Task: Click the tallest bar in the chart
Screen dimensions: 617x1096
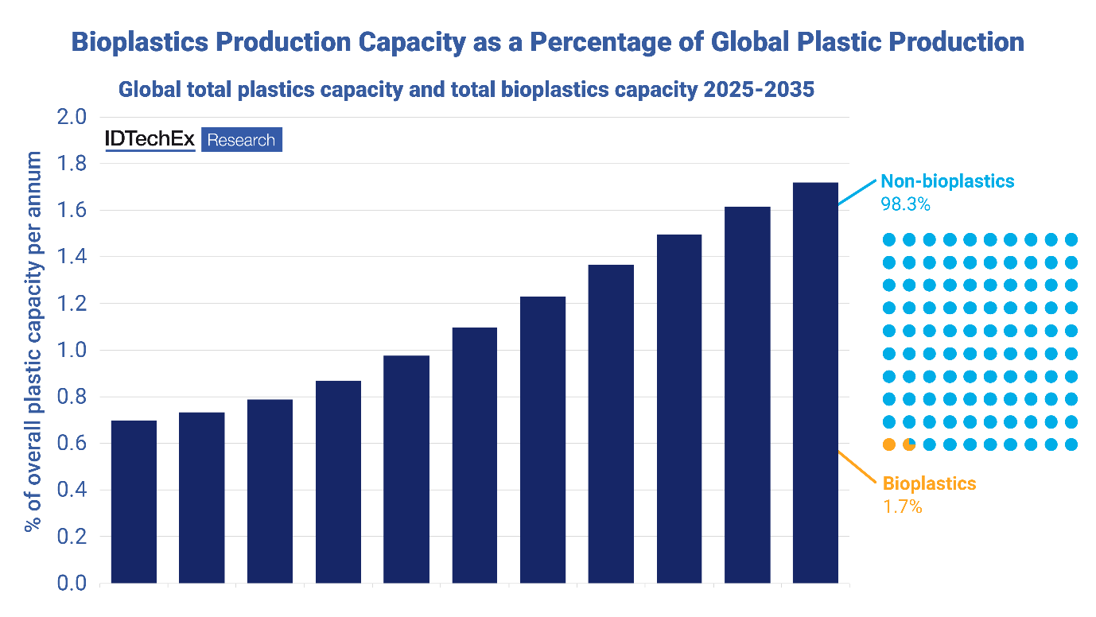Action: pyautogui.click(x=815, y=382)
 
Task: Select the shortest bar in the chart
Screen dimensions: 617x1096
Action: pyautogui.click(x=134, y=501)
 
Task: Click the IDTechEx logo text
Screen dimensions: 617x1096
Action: pyautogui.click(x=150, y=140)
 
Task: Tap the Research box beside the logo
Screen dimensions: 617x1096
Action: pyautogui.click(x=241, y=140)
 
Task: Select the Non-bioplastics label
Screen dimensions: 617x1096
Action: pyautogui.click(x=946, y=181)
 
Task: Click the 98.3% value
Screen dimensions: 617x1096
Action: pyautogui.click(x=905, y=204)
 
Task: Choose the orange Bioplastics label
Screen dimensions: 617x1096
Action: pyautogui.click(x=929, y=483)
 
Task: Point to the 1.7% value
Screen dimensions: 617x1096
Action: pyautogui.click(x=902, y=506)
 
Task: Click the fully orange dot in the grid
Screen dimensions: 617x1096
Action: pyautogui.click(x=889, y=444)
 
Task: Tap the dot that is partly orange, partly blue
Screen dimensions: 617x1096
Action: pyautogui.click(x=909, y=444)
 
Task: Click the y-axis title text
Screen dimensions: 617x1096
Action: pyautogui.click(x=33, y=342)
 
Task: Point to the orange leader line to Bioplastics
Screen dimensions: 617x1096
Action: pyautogui.click(x=857, y=465)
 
